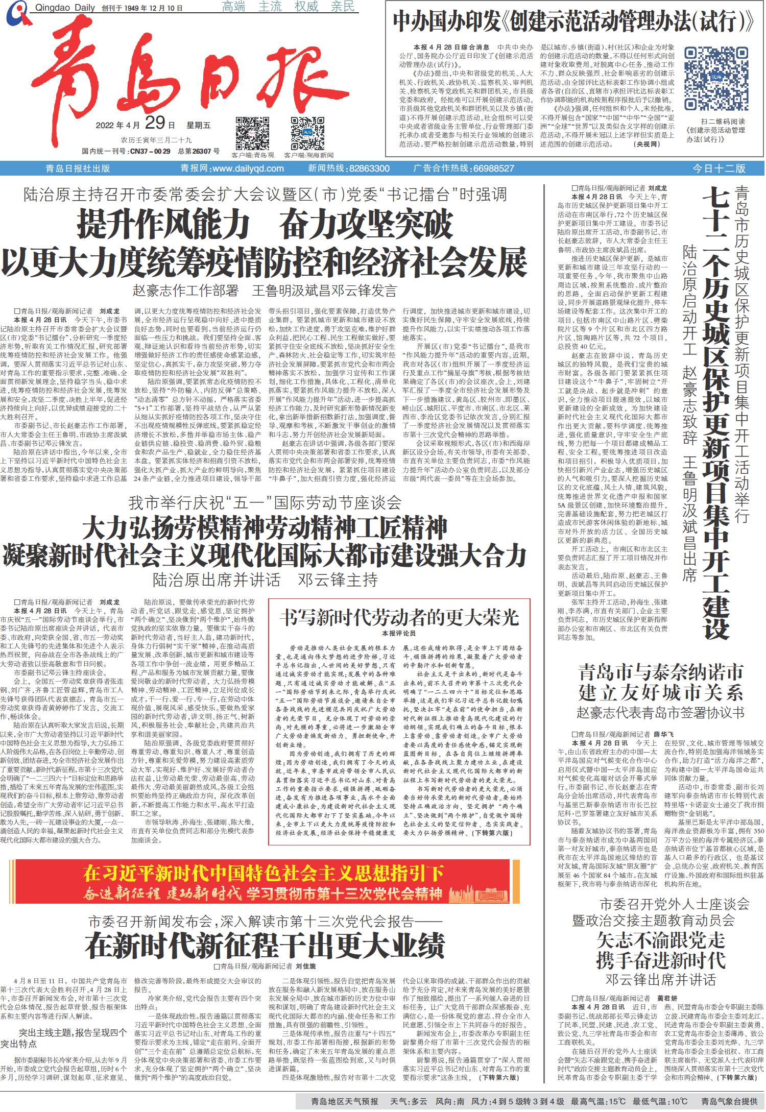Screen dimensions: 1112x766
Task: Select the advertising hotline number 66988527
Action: coord(493,168)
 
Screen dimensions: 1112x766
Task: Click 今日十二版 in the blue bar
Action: coord(719,168)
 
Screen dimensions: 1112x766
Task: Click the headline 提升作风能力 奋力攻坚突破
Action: coord(265,224)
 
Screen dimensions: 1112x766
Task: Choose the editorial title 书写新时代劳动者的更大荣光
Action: coord(399,618)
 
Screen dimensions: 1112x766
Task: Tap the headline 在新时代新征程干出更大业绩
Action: coord(265,946)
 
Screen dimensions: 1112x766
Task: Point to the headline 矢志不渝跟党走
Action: coord(660,940)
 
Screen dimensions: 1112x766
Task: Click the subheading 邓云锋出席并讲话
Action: coord(660,980)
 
